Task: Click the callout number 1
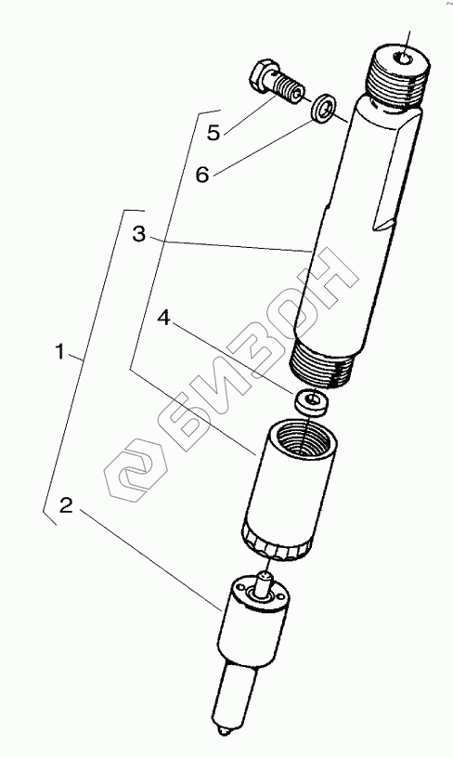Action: point(59,352)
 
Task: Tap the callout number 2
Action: point(66,505)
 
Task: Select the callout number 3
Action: point(138,235)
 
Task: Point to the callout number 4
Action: point(165,319)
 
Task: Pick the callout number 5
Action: point(214,133)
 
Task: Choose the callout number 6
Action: point(202,175)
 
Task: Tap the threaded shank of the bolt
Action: point(287,87)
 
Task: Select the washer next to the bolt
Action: point(324,107)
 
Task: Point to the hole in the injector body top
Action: point(403,59)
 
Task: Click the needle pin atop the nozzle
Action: point(265,582)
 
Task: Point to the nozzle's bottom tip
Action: point(224,730)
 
